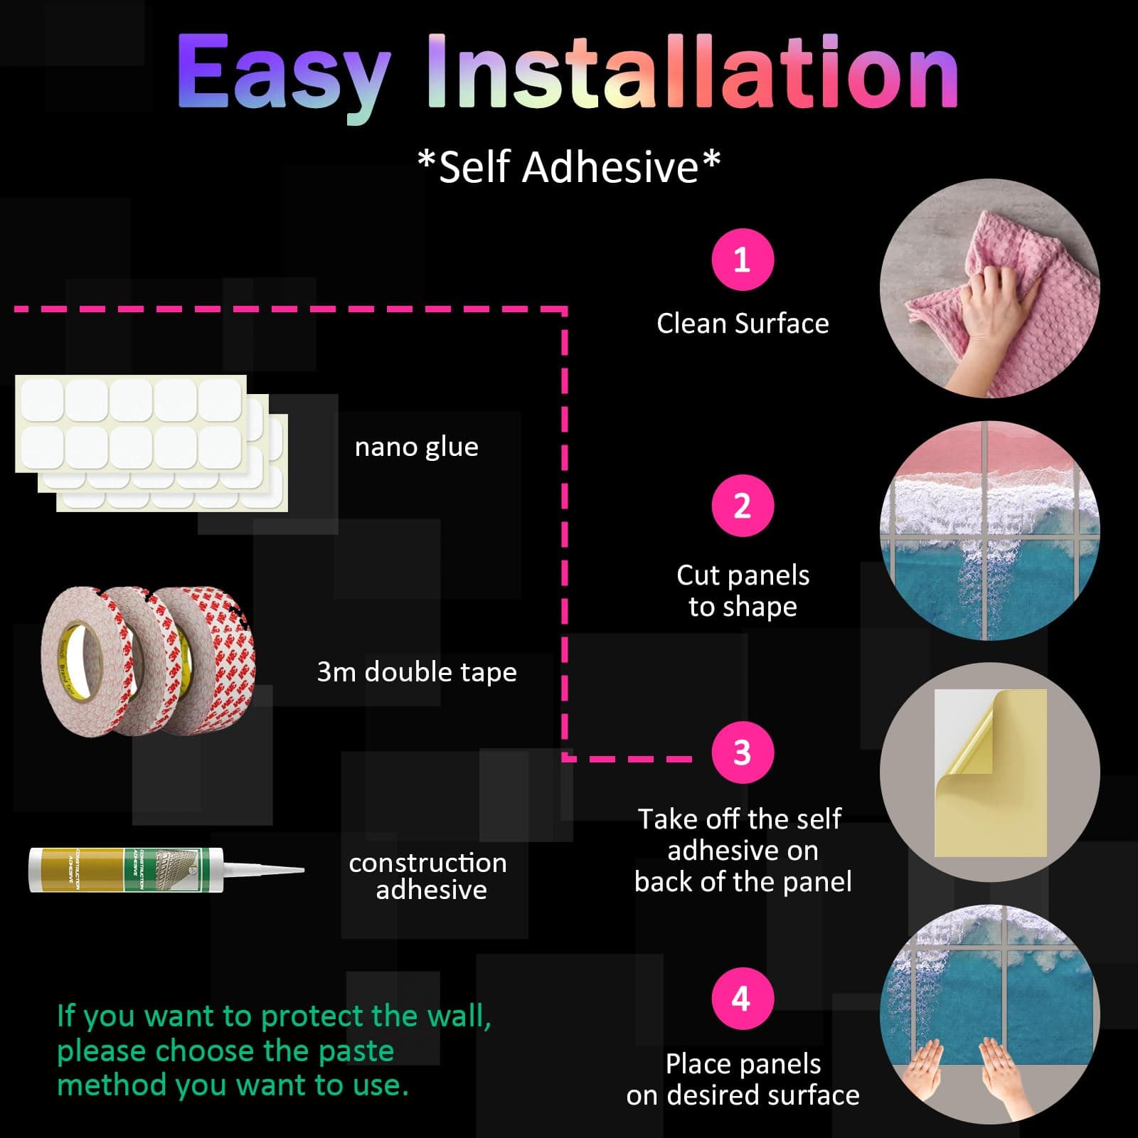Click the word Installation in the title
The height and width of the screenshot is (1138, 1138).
pyautogui.click(x=693, y=71)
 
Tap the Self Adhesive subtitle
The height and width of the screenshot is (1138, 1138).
pyautogui.click(x=569, y=168)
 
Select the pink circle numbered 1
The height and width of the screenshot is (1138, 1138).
pyautogui.click(x=743, y=260)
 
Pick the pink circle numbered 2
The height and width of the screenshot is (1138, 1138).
pyautogui.click(x=743, y=506)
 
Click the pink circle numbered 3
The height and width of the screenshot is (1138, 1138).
pyautogui.click(x=743, y=753)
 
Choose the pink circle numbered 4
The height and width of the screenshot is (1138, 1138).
pyautogui.click(x=743, y=999)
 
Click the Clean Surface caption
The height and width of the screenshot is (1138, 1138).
pyautogui.click(x=743, y=324)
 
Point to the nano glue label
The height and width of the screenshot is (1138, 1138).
pyautogui.click(x=417, y=447)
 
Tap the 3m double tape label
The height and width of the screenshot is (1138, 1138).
pyautogui.click(x=417, y=672)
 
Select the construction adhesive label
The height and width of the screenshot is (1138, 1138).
pyautogui.click(x=428, y=876)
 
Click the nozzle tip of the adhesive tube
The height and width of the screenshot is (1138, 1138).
pyautogui.click(x=302, y=870)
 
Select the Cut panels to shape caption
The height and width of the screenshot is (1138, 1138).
pyautogui.click(x=743, y=591)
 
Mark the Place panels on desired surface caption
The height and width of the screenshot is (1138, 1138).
pyautogui.click(x=743, y=1080)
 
